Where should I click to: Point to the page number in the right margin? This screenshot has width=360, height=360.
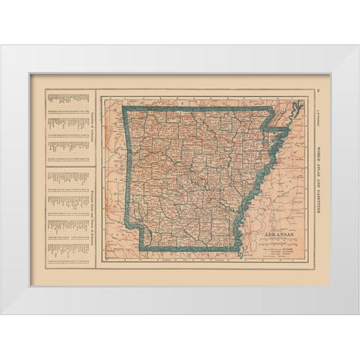pos(317,92)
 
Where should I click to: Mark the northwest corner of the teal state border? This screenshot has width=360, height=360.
pos(124,110)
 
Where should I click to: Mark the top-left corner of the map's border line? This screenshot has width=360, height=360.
pos(101,91)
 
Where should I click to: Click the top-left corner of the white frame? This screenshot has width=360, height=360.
pos(1,46)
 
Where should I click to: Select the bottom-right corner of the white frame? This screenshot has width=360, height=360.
pos(358,313)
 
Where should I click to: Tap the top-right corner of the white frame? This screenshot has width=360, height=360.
pos(358,46)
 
